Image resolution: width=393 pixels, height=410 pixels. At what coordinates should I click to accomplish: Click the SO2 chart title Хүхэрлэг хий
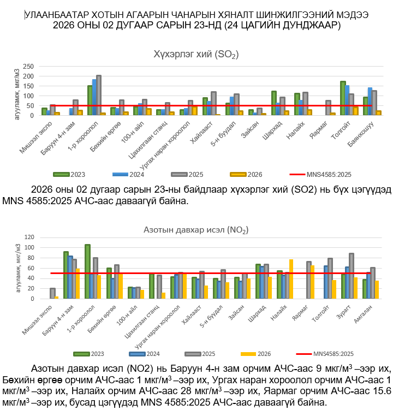196,54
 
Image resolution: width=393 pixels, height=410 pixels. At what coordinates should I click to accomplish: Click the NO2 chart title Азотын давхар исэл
196,230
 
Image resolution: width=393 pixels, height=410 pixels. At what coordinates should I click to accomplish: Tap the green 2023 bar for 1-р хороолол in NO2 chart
87,271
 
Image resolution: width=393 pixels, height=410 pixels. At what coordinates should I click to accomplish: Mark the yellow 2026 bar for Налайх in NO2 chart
291,279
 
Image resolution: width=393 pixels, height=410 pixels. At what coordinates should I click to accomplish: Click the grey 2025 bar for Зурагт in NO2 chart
352,276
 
